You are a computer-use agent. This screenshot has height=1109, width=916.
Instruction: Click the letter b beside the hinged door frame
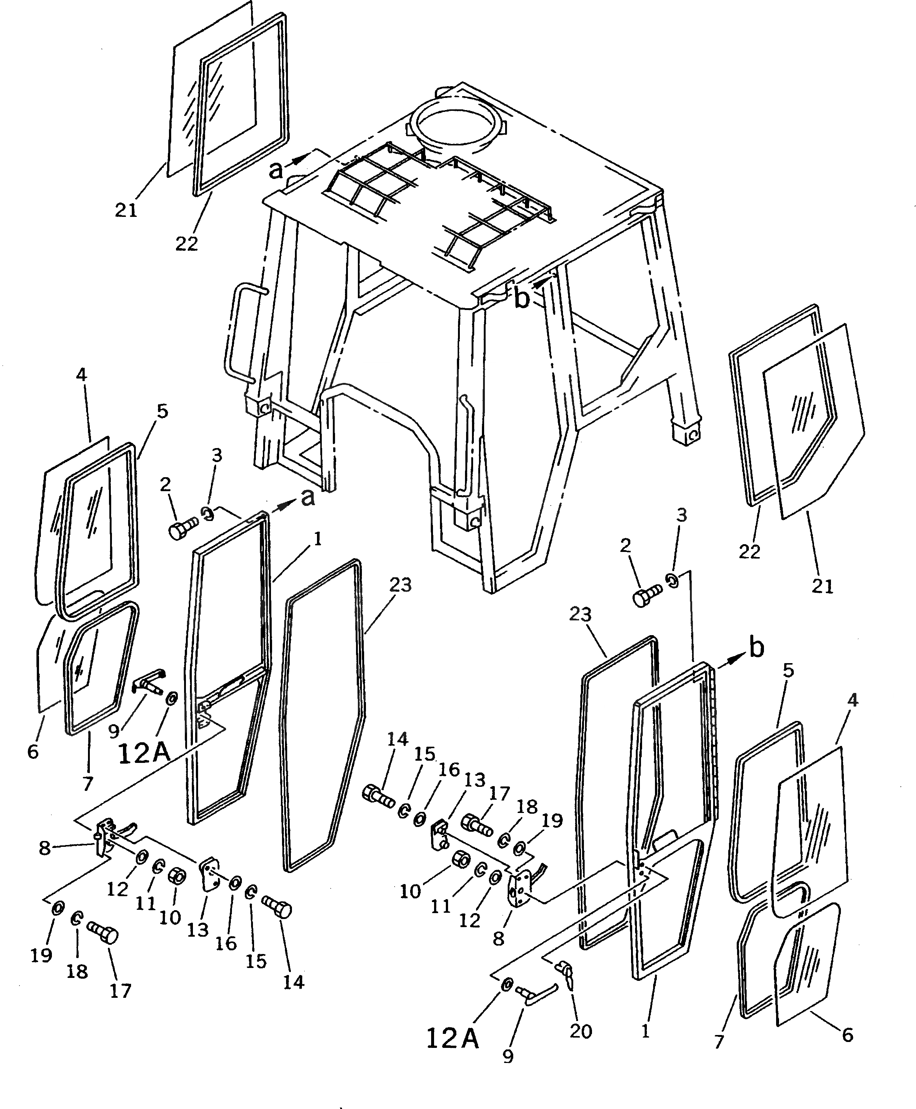coord(757,648)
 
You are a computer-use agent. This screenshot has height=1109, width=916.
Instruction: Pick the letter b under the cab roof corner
coord(522,299)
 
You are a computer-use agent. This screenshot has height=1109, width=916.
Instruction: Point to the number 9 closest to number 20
coord(508,1070)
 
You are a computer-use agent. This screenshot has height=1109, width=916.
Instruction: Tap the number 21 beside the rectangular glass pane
coord(126,210)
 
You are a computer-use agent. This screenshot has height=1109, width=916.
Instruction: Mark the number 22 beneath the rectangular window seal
coord(186,243)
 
